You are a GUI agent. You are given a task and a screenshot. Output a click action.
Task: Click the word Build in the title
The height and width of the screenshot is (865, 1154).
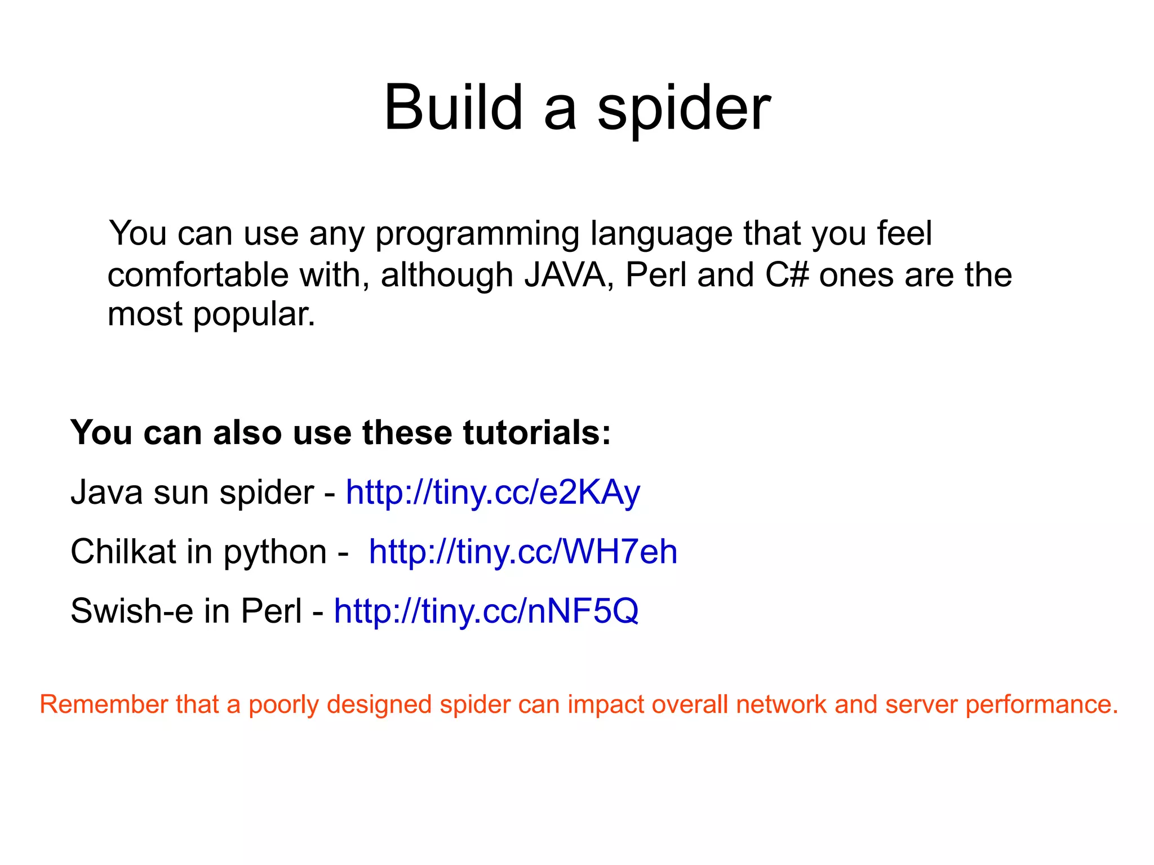[x=453, y=107]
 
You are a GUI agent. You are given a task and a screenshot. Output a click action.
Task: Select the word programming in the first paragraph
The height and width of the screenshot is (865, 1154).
[x=477, y=234]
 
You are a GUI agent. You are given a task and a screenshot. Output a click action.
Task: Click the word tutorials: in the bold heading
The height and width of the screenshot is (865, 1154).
[x=537, y=433]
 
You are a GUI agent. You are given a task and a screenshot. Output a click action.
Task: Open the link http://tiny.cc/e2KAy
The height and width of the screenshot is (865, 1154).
[x=492, y=493]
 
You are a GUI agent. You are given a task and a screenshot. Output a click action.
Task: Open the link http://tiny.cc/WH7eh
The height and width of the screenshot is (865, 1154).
[x=522, y=552]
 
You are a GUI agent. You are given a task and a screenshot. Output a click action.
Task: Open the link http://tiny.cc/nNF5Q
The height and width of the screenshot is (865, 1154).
[x=486, y=611]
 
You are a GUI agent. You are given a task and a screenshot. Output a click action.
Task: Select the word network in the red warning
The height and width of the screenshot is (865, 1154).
[x=780, y=704]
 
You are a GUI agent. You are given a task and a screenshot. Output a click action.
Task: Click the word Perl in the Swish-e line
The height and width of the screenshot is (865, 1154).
[x=272, y=611]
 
